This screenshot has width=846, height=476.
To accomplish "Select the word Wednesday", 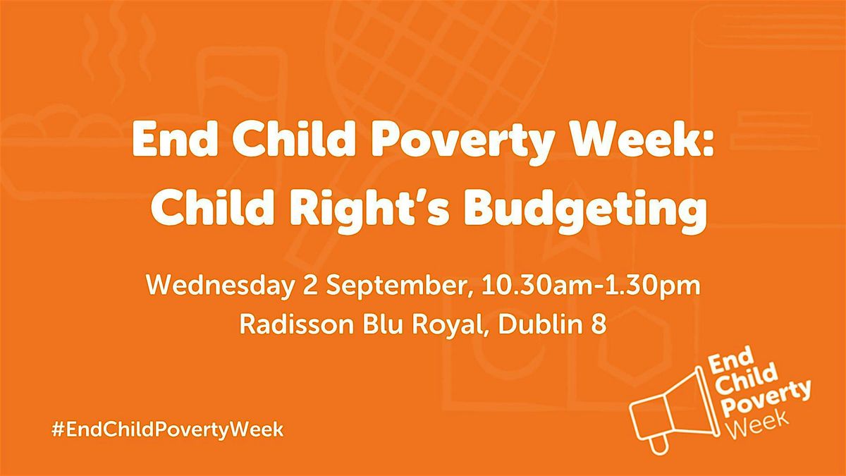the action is pos(220,286).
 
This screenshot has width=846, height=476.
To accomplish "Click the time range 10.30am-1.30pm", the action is pos(591,286).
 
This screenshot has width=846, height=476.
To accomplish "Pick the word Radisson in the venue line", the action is pos(297,324).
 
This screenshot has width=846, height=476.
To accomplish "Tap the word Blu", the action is pos(382,324).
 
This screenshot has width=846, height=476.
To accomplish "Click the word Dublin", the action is pos(539,324).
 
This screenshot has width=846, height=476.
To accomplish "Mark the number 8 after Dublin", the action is pos(599,324).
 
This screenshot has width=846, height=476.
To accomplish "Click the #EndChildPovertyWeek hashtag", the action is pos(167,430).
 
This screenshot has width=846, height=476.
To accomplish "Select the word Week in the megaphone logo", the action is pos(754,425).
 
